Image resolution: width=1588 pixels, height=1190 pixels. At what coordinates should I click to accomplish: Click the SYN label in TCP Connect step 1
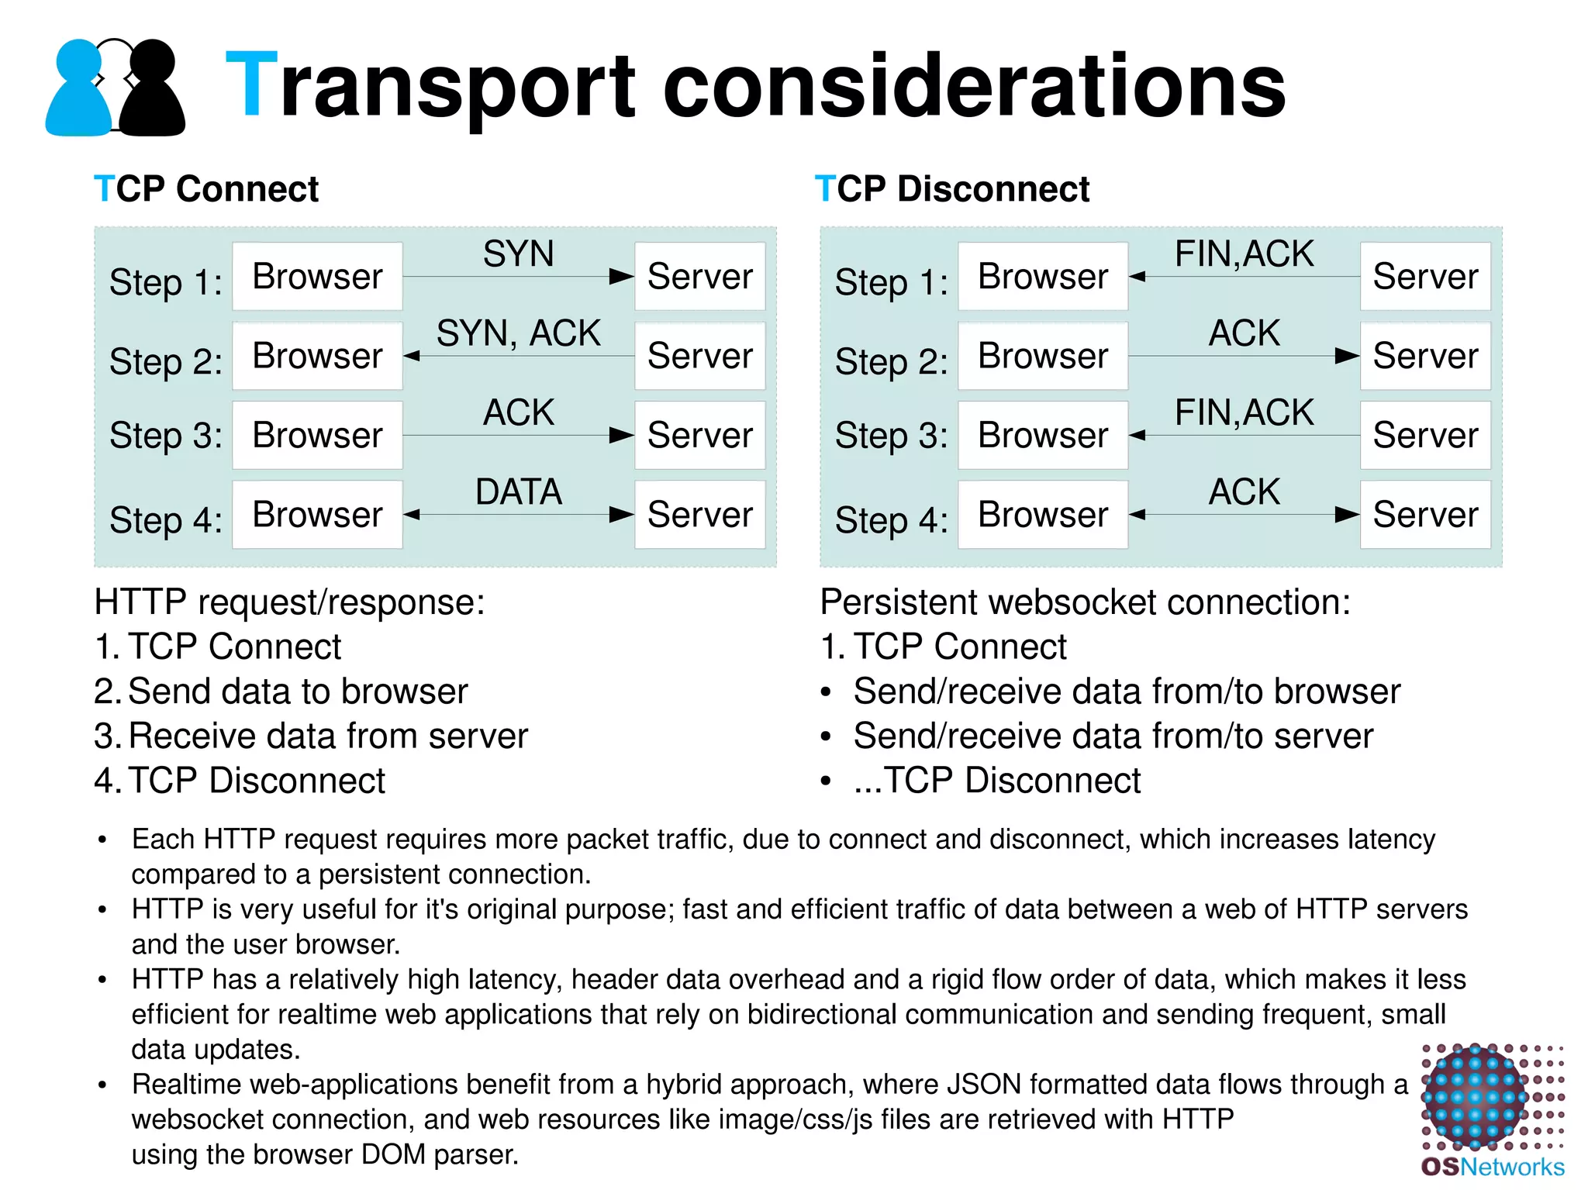518,254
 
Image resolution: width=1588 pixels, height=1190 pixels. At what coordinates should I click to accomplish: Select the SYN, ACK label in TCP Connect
518,333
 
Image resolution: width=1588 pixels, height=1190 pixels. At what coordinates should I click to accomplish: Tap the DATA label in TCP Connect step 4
518,492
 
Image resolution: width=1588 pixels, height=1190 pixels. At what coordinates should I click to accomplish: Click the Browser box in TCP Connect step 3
317,435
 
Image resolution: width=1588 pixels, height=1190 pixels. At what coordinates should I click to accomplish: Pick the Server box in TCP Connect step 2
699,356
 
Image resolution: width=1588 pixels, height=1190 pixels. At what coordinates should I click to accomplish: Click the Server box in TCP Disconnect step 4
1425,514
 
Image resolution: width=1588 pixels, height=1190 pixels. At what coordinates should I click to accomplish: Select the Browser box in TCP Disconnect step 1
1042,277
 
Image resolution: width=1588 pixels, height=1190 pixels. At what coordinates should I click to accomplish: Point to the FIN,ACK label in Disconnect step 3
1244,412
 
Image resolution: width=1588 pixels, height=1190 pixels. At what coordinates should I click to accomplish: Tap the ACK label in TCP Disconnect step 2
1244,333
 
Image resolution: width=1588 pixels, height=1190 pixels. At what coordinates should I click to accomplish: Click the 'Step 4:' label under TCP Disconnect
891,520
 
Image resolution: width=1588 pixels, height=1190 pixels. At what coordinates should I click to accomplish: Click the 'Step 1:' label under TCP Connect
166,282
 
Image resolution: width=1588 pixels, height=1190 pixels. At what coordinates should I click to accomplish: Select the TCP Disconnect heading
952,189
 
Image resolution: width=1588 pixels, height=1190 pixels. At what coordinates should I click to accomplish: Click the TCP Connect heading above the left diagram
206,189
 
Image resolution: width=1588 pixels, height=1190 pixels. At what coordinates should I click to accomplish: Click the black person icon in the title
154,89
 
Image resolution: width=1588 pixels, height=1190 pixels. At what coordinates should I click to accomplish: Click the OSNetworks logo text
1492,1167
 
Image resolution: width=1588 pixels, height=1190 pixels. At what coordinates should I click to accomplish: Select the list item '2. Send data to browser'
281,692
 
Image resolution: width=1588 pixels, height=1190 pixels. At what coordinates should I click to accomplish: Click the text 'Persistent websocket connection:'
1085,602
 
